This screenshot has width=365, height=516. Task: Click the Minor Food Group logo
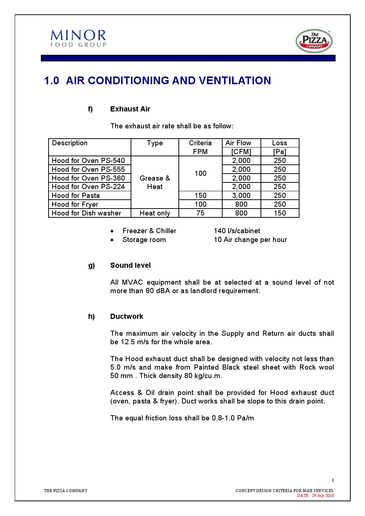(x=78, y=39)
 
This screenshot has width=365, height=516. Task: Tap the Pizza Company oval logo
(x=314, y=41)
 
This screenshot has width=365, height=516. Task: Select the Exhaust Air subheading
(x=130, y=109)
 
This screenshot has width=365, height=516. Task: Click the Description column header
(x=70, y=143)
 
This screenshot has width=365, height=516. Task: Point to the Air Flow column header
(x=238, y=143)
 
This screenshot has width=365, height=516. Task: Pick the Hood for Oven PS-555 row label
(x=88, y=169)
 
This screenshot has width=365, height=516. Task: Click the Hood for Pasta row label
(x=76, y=195)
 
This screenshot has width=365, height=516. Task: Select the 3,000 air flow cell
(x=241, y=195)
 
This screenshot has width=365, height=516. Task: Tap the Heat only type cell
(x=155, y=213)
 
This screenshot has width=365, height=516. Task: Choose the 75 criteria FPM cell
(x=200, y=213)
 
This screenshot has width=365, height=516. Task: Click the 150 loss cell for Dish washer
(x=280, y=213)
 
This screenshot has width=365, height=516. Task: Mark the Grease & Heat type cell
(x=155, y=182)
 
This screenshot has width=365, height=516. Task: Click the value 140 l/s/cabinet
(x=237, y=231)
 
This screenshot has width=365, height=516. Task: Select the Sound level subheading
(x=130, y=265)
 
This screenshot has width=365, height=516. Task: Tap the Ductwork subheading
(x=127, y=316)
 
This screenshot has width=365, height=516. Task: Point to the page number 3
(x=333, y=480)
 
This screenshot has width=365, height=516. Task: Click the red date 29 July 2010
(x=323, y=495)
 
